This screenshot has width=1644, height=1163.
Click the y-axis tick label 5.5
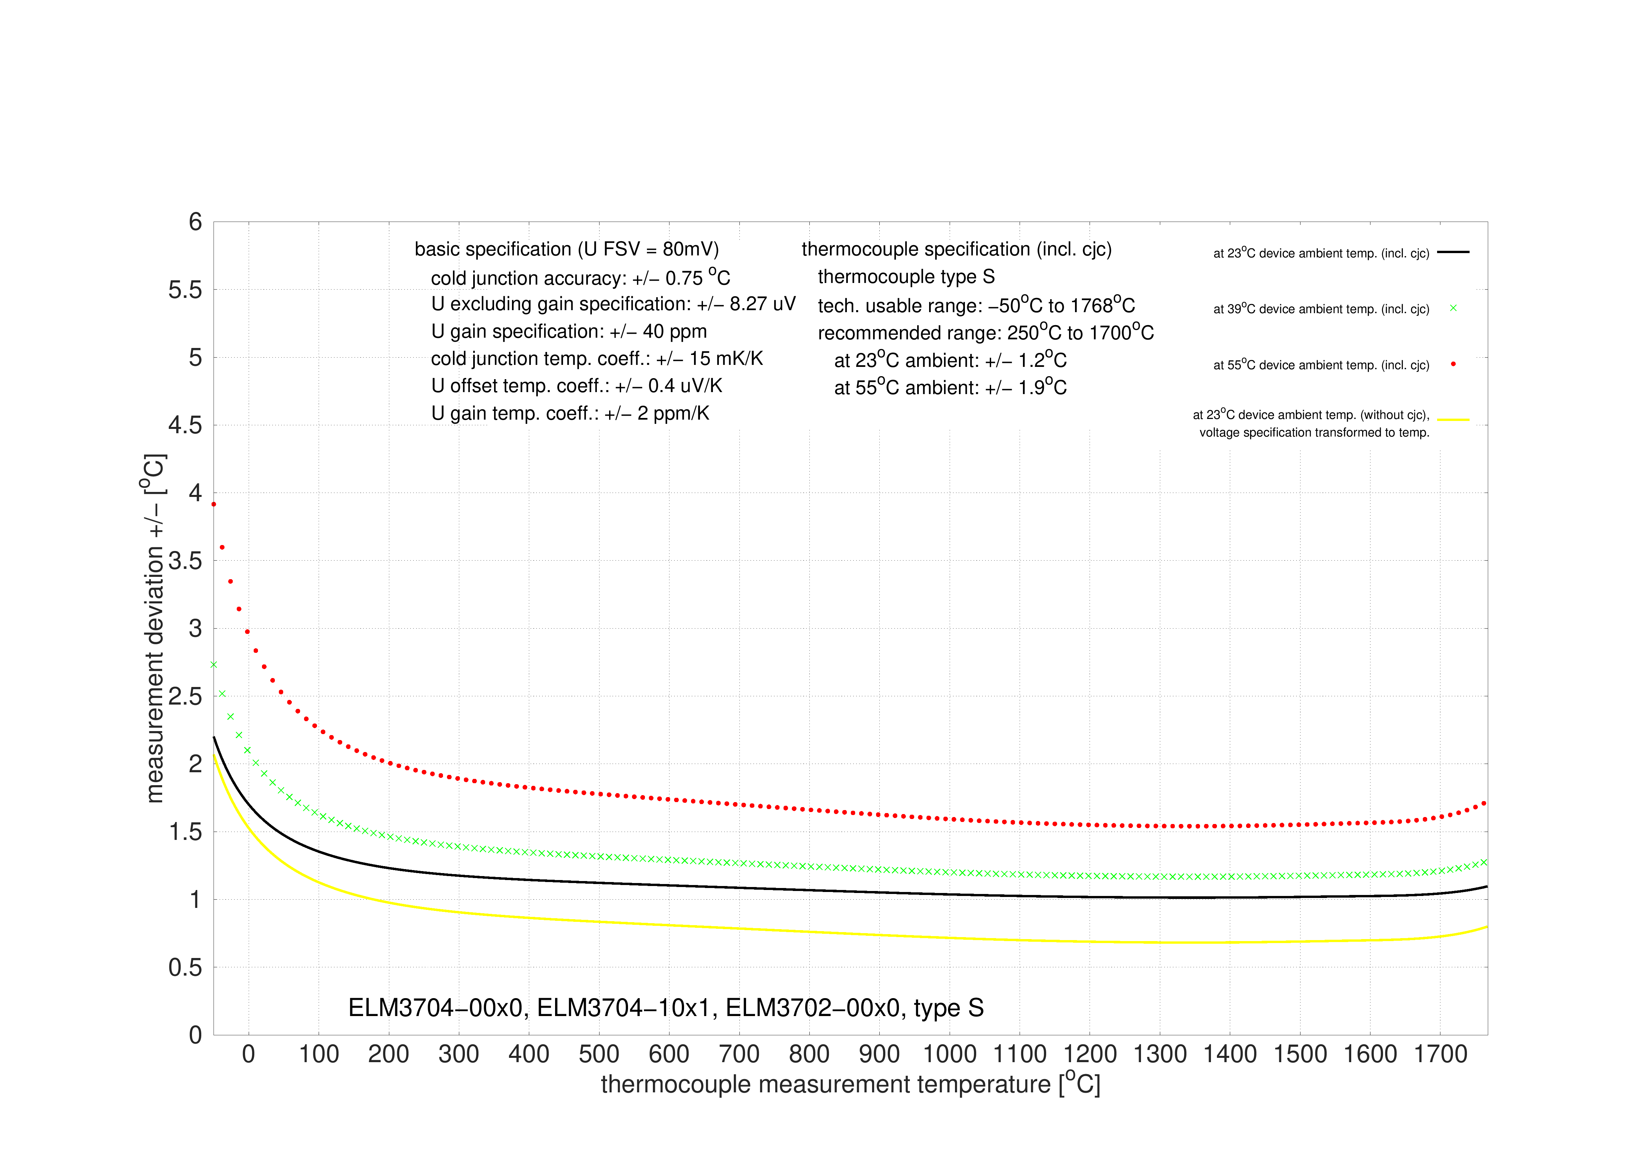point(185,290)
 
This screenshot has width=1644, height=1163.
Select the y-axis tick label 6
point(195,222)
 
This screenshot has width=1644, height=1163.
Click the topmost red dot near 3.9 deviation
point(214,504)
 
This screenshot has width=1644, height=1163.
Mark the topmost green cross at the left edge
point(214,664)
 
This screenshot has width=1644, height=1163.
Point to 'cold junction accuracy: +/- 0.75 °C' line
point(580,278)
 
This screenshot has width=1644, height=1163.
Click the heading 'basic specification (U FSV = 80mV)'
point(566,249)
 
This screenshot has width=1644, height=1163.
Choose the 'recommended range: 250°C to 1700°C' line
point(985,333)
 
